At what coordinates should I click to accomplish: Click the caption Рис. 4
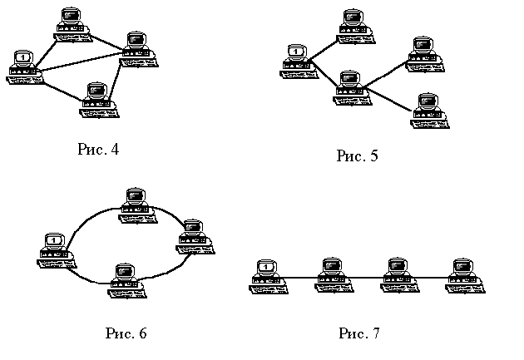pyautogui.click(x=98, y=150)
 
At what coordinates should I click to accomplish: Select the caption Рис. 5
pyautogui.click(x=357, y=155)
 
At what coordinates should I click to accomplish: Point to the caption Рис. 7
pyautogui.click(x=358, y=334)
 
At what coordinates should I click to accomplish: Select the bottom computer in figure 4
pyautogui.click(x=99, y=97)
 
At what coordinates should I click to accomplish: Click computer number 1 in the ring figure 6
pyautogui.click(x=54, y=248)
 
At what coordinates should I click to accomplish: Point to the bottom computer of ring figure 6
pyautogui.click(x=125, y=279)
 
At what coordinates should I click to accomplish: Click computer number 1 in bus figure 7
pyautogui.click(x=265, y=274)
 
